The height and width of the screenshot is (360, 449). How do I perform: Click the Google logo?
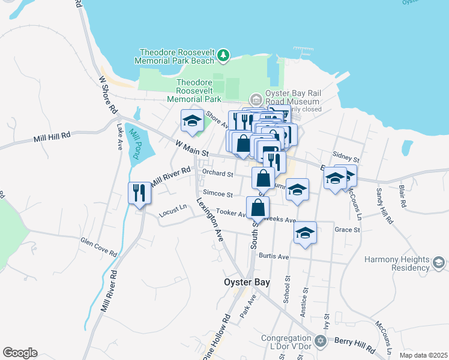[x=20, y=353]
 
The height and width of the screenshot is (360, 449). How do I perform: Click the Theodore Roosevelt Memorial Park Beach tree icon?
[x=223, y=56]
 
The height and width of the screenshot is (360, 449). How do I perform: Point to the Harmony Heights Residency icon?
[x=439, y=263]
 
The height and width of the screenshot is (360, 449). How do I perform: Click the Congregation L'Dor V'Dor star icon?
[x=320, y=341]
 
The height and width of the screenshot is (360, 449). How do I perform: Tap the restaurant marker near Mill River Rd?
[x=139, y=193]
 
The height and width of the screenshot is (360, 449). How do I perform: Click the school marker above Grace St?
[x=305, y=232]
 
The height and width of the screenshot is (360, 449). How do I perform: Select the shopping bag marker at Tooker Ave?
[x=258, y=207]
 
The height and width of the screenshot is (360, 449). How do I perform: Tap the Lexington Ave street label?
[x=211, y=219]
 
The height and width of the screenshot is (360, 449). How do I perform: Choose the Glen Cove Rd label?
[x=99, y=247]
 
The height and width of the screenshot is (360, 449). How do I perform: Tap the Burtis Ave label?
[x=274, y=256]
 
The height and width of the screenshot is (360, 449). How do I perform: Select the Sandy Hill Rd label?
[x=382, y=206]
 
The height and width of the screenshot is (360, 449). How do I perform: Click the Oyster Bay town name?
[x=247, y=282]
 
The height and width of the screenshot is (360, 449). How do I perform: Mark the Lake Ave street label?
[x=119, y=137]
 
